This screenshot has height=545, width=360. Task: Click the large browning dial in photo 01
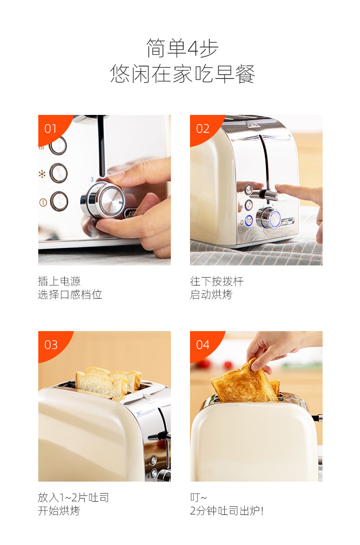[x=103, y=200]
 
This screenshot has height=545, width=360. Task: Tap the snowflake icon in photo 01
[x=42, y=174]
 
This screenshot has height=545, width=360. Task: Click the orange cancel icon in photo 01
[x=43, y=202]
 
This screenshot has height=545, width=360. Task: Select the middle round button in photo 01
[x=58, y=173]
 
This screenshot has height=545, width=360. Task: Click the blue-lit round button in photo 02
[x=248, y=221]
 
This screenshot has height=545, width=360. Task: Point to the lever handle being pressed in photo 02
[x=267, y=194]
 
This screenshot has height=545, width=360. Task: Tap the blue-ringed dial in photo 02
[x=268, y=218]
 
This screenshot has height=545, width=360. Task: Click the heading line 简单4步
[x=182, y=48]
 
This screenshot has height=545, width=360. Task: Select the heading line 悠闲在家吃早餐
[x=183, y=73]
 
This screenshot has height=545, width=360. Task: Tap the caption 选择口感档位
[x=70, y=295]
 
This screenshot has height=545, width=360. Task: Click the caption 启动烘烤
[x=211, y=295]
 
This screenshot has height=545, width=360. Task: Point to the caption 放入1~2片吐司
[x=73, y=498]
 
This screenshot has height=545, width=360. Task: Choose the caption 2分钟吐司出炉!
[x=226, y=511]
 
